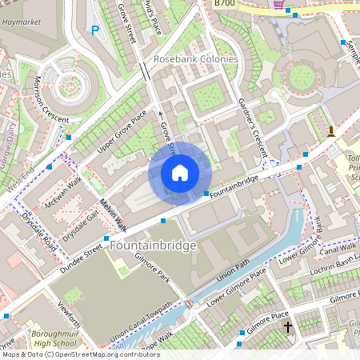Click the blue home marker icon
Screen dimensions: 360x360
point(180,173)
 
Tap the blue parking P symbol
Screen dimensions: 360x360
point(95,31)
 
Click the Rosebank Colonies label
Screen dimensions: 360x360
point(196,60)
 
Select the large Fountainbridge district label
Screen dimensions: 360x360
point(154,246)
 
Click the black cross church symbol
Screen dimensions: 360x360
point(288,328)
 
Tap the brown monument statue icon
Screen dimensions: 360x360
point(331,131)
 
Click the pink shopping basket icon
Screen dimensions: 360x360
point(278,4)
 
